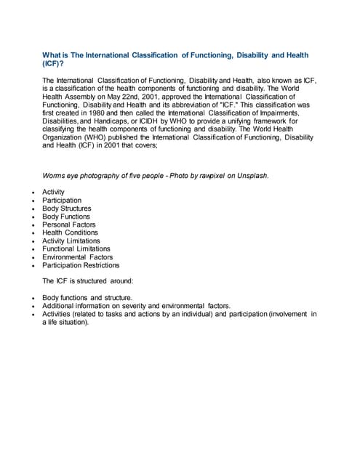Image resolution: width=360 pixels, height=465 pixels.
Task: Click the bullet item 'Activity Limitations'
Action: [x=71, y=240]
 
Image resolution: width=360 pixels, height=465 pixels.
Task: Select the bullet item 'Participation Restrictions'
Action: [x=81, y=265]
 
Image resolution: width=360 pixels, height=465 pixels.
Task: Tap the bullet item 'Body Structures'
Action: [x=67, y=209]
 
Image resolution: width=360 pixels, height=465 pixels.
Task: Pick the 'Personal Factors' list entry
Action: [x=69, y=225]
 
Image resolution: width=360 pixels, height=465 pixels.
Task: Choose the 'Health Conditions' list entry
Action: [x=70, y=232]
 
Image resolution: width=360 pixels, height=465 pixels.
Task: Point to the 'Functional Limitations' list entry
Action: [x=76, y=248]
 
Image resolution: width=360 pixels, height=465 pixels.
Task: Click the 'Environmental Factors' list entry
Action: [x=78, y=256]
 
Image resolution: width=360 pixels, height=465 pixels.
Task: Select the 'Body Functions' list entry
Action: [x=66, y=217]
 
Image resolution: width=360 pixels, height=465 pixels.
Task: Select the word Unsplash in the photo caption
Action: [x=252, y=175]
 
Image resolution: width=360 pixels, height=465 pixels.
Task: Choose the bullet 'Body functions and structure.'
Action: [x=87, y=298]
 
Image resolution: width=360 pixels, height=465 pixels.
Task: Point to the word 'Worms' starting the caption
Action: [x=55, y=175]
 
